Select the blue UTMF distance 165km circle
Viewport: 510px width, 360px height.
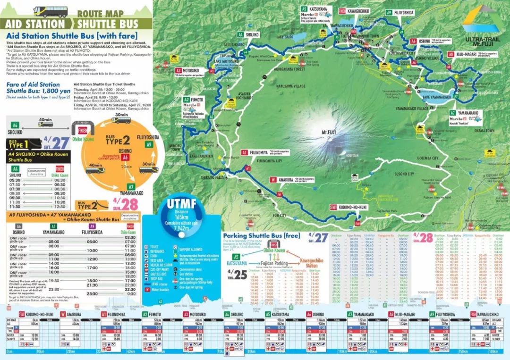coord(188,217)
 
